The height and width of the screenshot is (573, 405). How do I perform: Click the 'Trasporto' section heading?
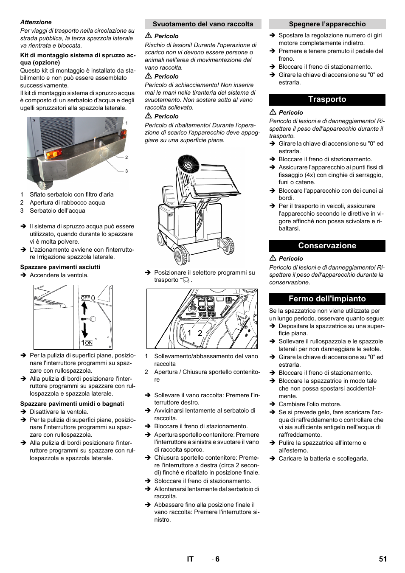(327, 99)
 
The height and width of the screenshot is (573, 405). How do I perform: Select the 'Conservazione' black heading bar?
(327, 246)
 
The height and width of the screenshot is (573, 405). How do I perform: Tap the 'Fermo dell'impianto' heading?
(327, 299)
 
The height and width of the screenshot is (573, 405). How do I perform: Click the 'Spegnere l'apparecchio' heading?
(327, 24)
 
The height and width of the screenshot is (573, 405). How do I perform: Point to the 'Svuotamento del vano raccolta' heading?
(202, 24)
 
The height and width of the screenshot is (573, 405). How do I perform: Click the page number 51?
(382, 559)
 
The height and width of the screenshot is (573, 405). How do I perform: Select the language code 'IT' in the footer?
(190, 559)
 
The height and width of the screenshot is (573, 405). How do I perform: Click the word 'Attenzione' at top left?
(36, 22)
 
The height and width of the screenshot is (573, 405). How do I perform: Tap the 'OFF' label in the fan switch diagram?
(85, 298)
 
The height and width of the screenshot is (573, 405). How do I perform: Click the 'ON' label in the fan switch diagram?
(89, 343)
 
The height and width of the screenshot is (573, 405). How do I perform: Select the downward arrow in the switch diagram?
(84, 330)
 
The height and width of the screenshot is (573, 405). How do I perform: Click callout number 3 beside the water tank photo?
(127, 171)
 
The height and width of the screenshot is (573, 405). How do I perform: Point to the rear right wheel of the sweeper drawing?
(229, 246)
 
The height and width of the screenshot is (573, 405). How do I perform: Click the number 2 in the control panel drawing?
(200, 333)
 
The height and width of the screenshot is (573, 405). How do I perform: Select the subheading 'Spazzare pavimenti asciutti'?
(60, 267)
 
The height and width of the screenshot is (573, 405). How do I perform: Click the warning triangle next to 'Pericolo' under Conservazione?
(273, 258)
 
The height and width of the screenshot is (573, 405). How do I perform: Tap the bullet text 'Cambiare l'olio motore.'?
(309, 404)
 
